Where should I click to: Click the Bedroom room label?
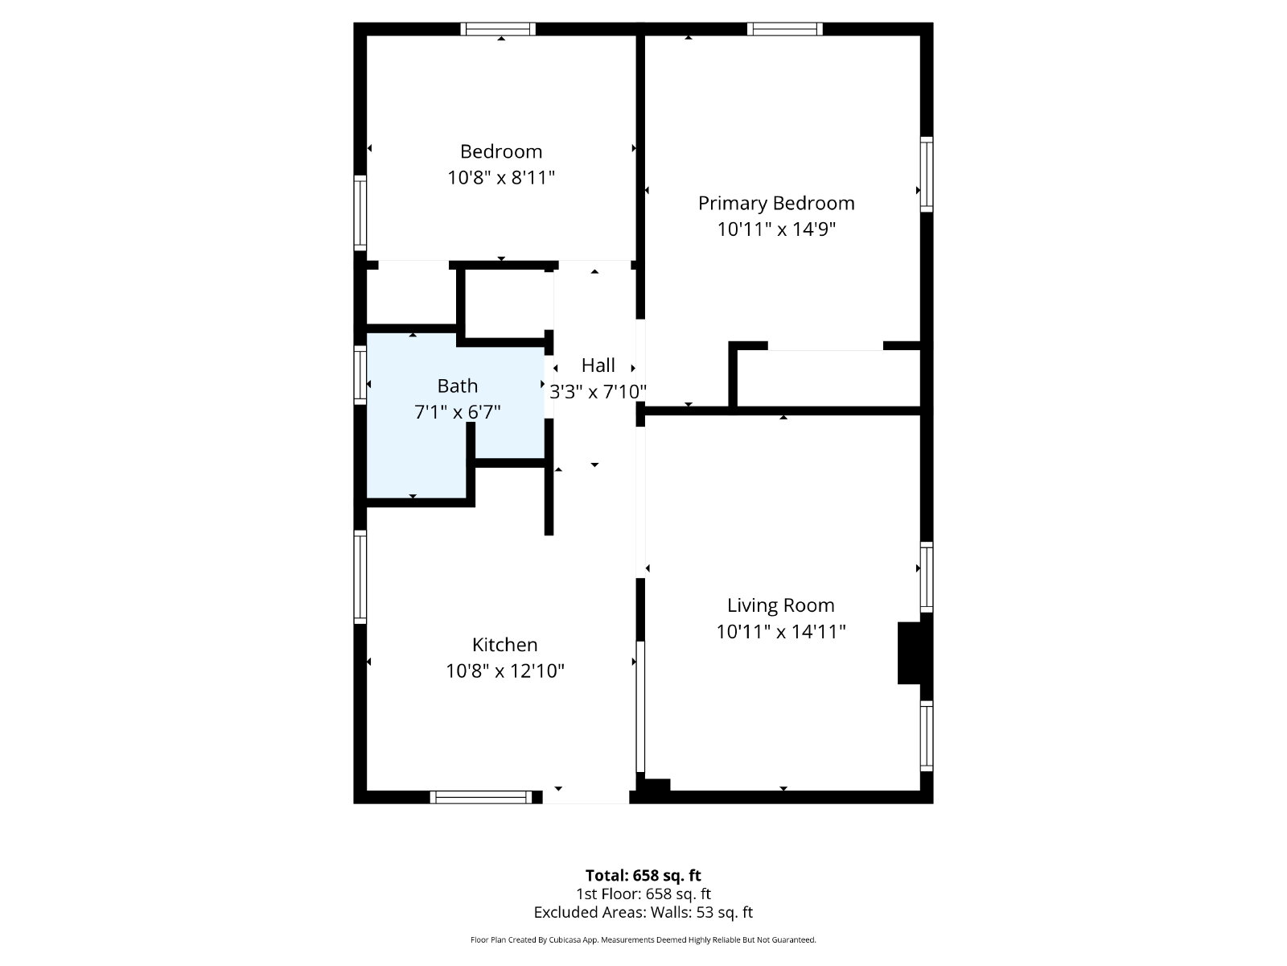click(x=501, y=152)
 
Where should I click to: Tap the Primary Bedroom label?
click(x=776, y=204)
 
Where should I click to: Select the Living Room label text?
click(x=780, y=605)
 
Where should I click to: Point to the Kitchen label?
click(x=505, y=645)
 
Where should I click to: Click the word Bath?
click(x=458, y=386)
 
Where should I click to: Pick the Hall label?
click(x=598, y=365)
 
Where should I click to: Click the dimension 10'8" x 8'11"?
click(x=501, y=177)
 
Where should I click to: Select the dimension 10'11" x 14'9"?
click(x=776, y=229)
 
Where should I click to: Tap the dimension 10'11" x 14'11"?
click(x=780, y=632)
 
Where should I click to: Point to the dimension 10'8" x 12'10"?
click(x=505, y=671)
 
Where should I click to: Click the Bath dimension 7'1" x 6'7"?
click(x=458, y=412)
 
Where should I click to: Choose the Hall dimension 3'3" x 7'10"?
click(x=598, y=391)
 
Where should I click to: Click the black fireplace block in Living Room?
click(x=910, y=653)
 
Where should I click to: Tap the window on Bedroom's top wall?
click(x=498, y=29)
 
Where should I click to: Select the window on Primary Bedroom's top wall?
click(x=784, y=29)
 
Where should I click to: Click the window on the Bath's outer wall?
click(x=360, y=375)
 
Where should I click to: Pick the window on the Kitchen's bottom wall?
click(x=481, y=797)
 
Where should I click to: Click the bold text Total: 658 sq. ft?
click(x=643, y=875)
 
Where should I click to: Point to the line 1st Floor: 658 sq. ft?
click(x=643, y=894)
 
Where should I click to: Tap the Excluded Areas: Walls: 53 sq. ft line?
click(x=643, y=913)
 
